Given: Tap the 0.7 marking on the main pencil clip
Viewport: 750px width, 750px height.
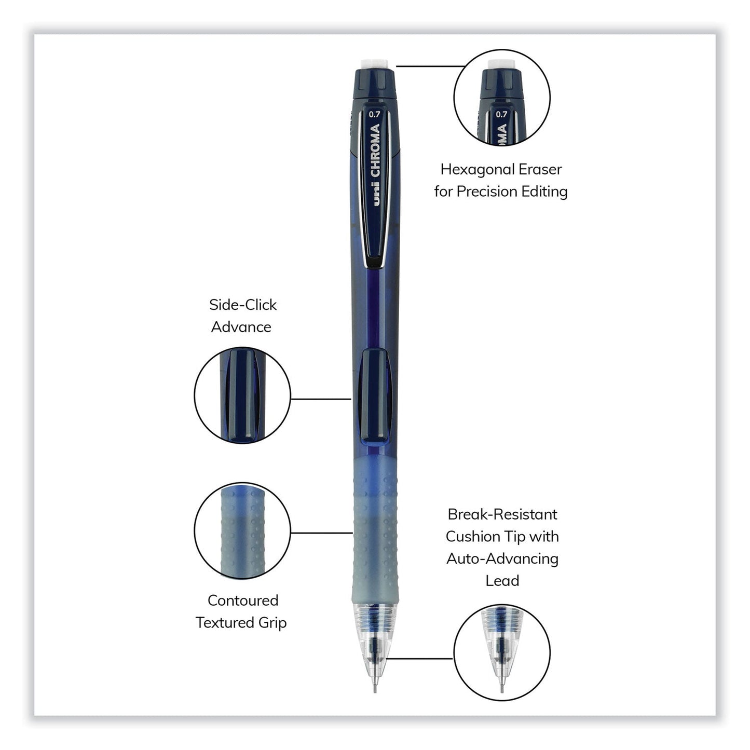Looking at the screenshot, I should click(x=374, y=115).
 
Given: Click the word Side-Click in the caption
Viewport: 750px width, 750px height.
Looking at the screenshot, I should click(x=242, y=305).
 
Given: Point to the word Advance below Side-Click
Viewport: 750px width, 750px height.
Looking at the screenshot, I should click(x=241, y=327).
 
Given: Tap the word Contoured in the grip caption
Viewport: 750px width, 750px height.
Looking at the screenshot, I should click(x=243, y=601).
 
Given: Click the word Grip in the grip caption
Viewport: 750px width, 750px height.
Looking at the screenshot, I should click(x=272, y=623).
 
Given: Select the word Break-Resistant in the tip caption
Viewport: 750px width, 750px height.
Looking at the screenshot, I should click(x=502, y=514).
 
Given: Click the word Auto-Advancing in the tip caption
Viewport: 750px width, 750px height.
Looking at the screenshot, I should click(x=502, y=559).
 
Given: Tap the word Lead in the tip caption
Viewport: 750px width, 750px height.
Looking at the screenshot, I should click(x=502, y=581).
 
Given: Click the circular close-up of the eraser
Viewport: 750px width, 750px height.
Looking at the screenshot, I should click(x=501, y=98).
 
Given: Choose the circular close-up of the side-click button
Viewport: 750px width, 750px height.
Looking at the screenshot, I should click(x=242, y=396).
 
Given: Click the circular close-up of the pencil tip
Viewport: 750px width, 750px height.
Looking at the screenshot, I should click(x=501, y=652).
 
